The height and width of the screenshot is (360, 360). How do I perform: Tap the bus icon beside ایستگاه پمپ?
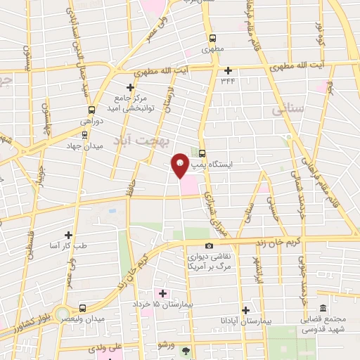click(x=202, y=153)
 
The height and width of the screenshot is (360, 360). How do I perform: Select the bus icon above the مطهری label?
click(x=212, y=39)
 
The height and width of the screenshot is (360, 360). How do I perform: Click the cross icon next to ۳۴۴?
click(x=227, y=70)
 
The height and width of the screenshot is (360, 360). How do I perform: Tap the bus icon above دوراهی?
click(x=91, y=110)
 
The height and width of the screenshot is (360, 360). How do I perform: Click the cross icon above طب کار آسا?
click(x=68, y=234)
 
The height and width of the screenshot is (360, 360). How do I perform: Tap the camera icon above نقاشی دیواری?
click(x=209, y=245)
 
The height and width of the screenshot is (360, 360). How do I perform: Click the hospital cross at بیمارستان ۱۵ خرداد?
click(x=163, y=292)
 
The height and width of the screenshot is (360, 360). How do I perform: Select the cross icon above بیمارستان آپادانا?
click(x=245, y=310)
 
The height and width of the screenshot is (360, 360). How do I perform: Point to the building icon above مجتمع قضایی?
click(x=323, y=308)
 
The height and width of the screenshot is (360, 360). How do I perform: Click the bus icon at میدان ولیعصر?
click(x=83, y=308)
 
